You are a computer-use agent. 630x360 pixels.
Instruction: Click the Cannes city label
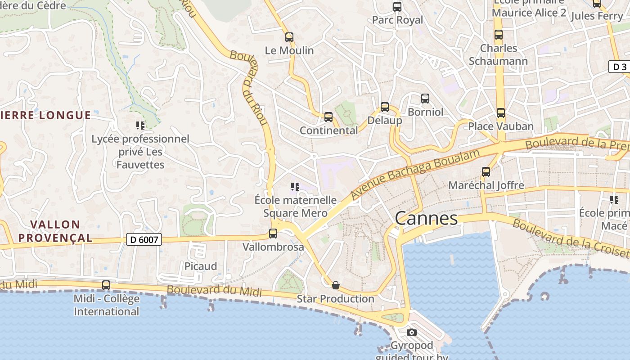(426, 219)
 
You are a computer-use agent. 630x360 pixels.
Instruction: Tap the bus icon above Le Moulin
(289, 37)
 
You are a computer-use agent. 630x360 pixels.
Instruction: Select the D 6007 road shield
(144, 239)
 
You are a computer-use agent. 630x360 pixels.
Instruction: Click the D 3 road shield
(620, 67)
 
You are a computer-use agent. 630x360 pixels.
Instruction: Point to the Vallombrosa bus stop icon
(273, 234)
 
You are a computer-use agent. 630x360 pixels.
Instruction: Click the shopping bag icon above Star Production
(335, 285)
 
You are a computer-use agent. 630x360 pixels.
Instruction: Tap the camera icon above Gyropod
(411, 333)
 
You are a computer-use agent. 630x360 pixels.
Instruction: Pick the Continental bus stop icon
(328, 117)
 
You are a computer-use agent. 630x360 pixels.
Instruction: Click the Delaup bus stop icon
(385, 107)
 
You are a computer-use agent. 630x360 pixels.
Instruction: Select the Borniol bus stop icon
(425, 99)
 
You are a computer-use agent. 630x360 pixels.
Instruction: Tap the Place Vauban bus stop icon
(501, 113)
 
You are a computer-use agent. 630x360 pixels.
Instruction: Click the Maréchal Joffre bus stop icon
(486, 172)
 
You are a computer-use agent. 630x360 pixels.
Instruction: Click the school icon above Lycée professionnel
(140, 126)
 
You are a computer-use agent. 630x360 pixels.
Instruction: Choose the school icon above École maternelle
(295, 186)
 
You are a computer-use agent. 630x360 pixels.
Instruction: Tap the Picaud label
(201, 266)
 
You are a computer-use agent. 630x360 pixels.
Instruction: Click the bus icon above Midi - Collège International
(106, 285)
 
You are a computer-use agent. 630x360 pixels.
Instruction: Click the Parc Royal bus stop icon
(397, 7)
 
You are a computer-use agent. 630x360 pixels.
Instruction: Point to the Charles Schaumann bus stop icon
(499, 35)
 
